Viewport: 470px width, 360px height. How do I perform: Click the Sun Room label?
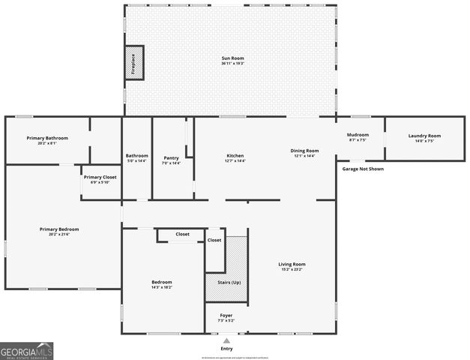(232, 58)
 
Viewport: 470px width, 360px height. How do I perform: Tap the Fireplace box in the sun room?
(133, 61)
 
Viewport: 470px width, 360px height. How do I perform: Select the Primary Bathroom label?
(47, 138)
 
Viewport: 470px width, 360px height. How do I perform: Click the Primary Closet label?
(100, 177)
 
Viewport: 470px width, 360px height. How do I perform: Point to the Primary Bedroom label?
(59, 229)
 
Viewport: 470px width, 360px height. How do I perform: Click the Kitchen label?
(235, 156)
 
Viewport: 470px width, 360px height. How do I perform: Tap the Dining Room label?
(305, 151)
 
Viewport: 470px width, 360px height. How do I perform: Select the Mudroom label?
(358, 135)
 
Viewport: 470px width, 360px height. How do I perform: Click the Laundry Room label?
(424, 136)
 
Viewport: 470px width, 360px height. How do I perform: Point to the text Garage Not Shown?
(363, 169)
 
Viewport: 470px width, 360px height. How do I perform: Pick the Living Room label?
(292, 264)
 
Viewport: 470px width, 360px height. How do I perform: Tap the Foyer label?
(226, 315)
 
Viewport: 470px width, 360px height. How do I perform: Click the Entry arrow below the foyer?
(226, 339)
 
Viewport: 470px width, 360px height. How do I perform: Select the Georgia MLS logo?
(27, 350)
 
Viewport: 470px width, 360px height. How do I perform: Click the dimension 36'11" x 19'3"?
(232, 64)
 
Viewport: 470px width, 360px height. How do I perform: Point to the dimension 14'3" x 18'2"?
(163, 287)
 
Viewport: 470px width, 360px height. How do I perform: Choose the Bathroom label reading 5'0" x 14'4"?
(136, 160)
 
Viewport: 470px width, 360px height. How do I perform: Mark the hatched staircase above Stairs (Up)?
(236, 255)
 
